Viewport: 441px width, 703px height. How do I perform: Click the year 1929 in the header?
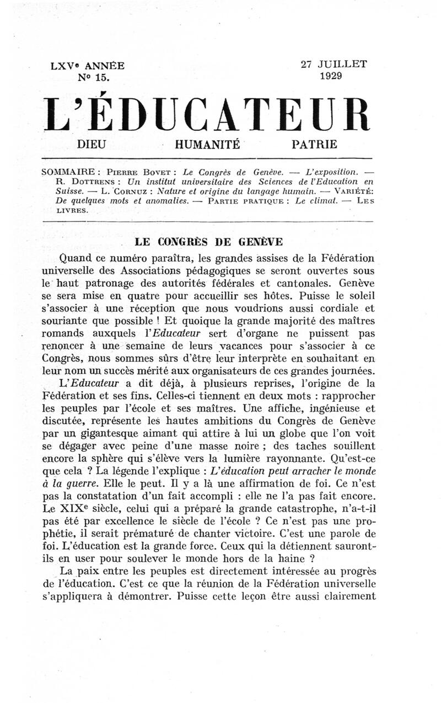[x=331, y=76]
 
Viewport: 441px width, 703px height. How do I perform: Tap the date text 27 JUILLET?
[x=334, y=64]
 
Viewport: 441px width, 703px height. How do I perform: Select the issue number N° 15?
[x=94, y=78]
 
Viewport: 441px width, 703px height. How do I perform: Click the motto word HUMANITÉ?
[x=207, y=145]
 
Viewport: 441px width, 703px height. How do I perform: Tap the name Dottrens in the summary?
[x=96, y=181]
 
